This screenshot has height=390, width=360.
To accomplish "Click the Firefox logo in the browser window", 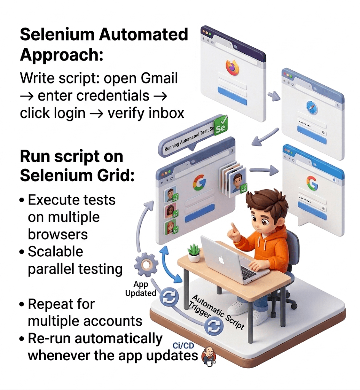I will (x=233, y=67).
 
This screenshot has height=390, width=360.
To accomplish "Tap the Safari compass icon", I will (x=312, y=109).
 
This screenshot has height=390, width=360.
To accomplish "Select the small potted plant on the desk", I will (x=194, y=253).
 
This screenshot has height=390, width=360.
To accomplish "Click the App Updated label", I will (x=140, y=289).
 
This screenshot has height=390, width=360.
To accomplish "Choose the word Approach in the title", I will (x=61, y=54).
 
